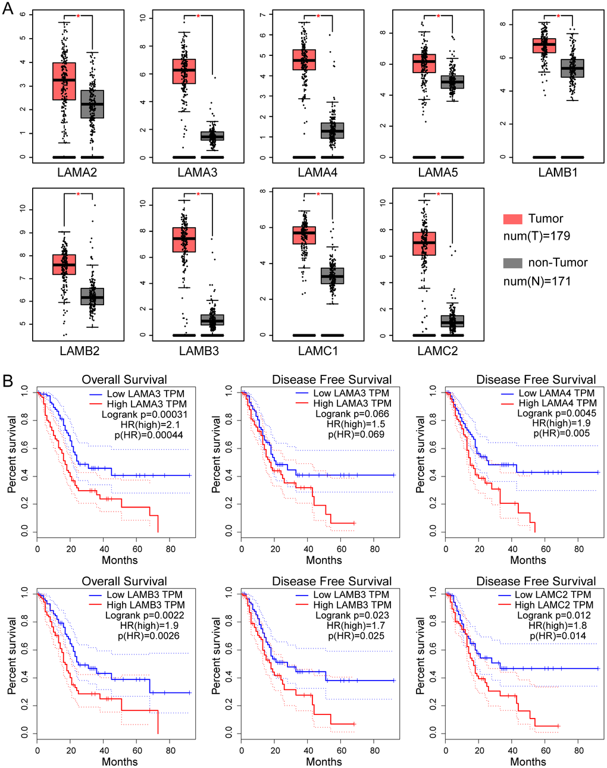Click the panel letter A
8,9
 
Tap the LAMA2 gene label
77,173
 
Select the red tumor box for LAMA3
184,71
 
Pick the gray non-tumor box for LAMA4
332,130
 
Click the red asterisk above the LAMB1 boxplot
558,16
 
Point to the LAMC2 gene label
437,351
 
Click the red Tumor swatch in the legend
512,219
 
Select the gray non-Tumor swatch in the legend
512,263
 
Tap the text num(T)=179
537,236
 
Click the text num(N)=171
537,281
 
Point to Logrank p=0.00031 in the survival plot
145,415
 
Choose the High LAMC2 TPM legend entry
554,605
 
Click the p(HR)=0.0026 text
148,636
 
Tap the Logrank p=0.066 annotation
352,414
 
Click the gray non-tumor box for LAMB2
92,296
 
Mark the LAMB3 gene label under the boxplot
199,351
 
